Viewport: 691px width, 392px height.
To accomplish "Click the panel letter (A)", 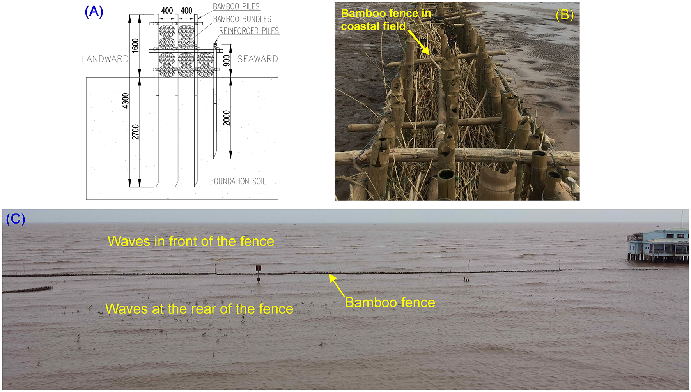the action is coord(94,12).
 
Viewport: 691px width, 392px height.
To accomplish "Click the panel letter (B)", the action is coord(564,15).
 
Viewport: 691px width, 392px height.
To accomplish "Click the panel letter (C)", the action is coord(16,219).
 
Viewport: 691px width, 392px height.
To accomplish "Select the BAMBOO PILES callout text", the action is coord(236,7).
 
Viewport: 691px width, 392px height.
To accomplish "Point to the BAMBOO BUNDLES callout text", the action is coord(242,19).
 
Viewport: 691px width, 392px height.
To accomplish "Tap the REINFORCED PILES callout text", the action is coord(249,31).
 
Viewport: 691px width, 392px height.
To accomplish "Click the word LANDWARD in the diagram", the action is coord(105,59).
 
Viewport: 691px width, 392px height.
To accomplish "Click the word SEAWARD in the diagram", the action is coord(257,59).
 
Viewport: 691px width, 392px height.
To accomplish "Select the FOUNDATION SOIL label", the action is coord(238,181).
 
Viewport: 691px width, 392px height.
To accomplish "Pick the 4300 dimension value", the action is coord(125,101).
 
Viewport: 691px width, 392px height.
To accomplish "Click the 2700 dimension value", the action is coord(135,132).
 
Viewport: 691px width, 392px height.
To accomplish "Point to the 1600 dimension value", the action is coord(135,46).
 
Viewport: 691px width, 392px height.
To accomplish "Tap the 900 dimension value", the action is coord(227,60).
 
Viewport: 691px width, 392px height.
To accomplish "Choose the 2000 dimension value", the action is coord(227,118).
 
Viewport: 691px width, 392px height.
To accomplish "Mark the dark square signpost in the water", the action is coord(258,269).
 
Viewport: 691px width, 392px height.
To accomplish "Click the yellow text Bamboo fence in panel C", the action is coord(390,302).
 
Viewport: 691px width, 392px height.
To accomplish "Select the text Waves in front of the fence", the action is coord(191,241).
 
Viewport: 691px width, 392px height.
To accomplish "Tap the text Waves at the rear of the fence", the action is coord(199,309).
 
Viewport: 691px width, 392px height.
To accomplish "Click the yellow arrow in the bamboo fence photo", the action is coord(419,42).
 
